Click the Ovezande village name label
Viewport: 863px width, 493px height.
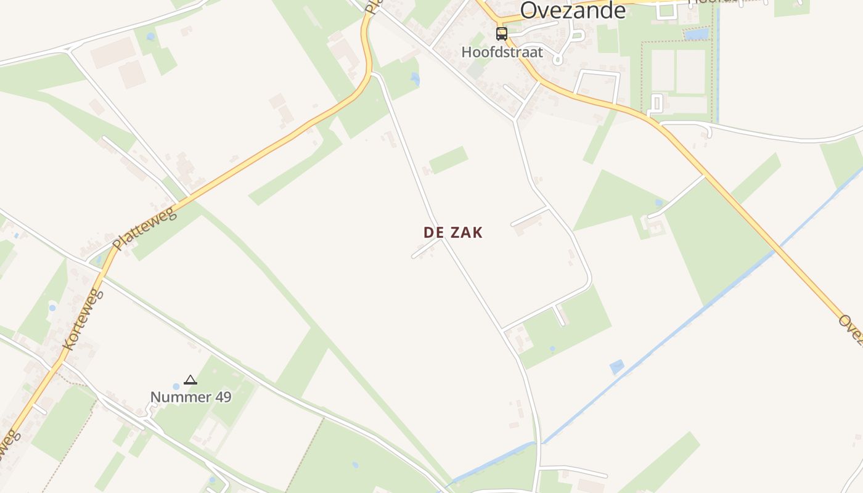pyautogui.click(x=573, y=10)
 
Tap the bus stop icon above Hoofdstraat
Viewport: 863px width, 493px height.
pyautogui.click(x=502, y=33)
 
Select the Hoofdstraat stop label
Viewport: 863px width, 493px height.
pyautogui.click(x=502, y=52)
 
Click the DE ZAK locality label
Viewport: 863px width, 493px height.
pyautogui.click(x=453, y=232)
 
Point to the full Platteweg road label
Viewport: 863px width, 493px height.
pyautogui.click(x=145, y=229)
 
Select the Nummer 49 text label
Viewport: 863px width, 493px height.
pyautogui.click(x=191, y=397)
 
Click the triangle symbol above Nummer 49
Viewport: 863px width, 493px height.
pyautogui.click(x=190, y=380)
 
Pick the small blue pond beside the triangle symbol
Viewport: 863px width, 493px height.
pyautogui.click(x=176, y=386)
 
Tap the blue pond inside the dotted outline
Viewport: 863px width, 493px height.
pyautogui.click(x=696, y=34)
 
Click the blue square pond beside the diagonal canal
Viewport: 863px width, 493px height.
pyautogui.click(x=616, y=367)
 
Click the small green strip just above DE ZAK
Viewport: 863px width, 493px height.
pyautogui.click(x=448, y=160)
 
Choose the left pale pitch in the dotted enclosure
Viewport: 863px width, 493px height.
pyautogui.click(x=662, y=71)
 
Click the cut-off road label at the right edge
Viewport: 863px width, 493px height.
pyautogui.click(x=851, y=327)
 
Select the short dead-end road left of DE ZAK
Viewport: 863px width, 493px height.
pyautogui.click(x=425, y=248)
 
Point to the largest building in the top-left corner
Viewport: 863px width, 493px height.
pyautogui.click(x=113, y=53)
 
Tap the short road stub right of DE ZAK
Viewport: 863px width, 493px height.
pyautogui.click(x=530, y=216)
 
